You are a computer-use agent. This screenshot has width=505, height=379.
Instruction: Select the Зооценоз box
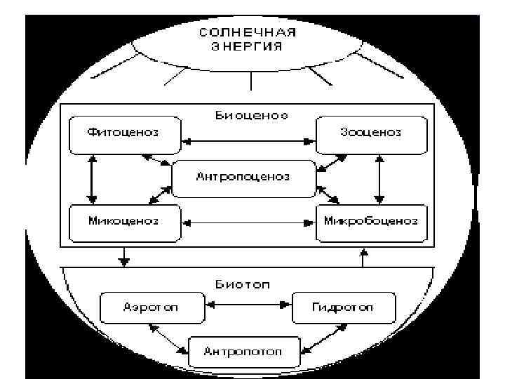pos(371,133)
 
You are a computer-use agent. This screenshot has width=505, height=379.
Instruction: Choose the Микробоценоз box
pos(371,222)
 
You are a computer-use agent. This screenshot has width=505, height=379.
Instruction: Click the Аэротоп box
pos(151,307)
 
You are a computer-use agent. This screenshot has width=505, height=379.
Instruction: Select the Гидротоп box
pos(343,307)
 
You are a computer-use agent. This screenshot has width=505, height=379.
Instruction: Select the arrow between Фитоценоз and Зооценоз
pos(248,142)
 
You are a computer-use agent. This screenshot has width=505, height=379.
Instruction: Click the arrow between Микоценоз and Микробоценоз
pos(248,223)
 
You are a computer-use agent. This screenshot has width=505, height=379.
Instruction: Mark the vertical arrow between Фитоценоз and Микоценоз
pos(90,179)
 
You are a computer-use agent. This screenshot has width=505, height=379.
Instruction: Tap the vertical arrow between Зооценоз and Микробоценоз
pos(379,179)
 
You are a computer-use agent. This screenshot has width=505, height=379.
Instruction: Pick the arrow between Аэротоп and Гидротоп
pos(248,305)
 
